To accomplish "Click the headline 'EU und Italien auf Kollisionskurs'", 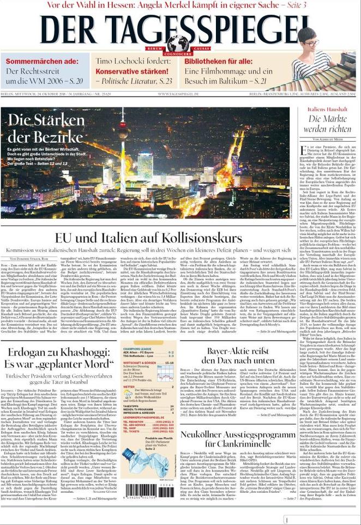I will pos(148,239).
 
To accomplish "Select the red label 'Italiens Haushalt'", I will pos(327,110).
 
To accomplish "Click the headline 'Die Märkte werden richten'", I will pos(327,124).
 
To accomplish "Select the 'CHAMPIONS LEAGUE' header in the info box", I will pos(137,333).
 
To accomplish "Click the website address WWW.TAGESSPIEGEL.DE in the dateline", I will pos(178,94).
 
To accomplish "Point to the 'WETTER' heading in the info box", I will pos(129,387).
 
